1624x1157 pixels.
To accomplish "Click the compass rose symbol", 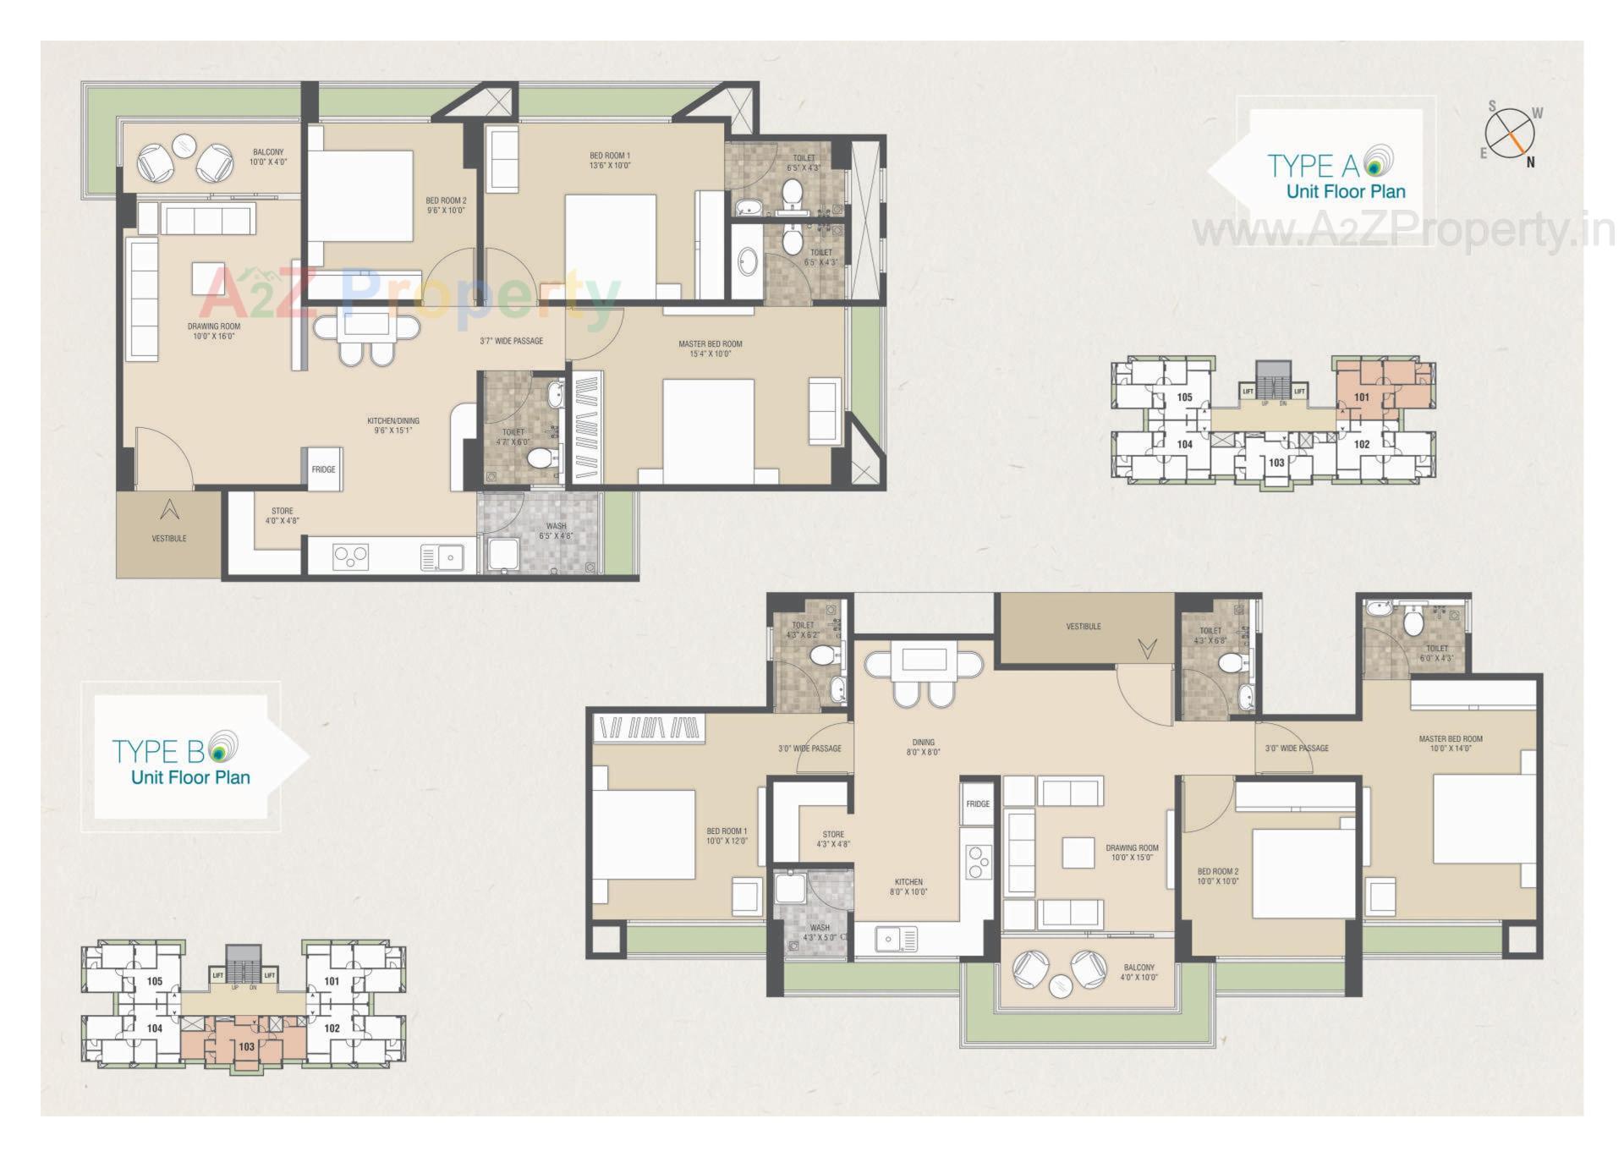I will click(x=1510, y=134).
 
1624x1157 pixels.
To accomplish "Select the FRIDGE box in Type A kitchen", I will click(x=323, y=469).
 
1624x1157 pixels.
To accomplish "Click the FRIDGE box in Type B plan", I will click(x=978, y=803).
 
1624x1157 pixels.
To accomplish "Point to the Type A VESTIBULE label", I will click(x=169, y=538).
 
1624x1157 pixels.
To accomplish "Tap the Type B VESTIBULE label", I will click(x=1084, y=627).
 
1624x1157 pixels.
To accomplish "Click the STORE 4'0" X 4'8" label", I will click(x=283, y=516).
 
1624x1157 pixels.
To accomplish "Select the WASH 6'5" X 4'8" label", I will click(x=556, y=530).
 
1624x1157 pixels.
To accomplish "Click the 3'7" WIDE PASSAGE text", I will click(x=511, y=341).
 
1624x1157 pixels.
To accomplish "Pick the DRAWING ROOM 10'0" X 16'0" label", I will click(x=214, y=331).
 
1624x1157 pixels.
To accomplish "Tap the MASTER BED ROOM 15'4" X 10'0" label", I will click(x=710, y=348).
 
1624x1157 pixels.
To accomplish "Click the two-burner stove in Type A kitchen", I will click(x=350, y=557).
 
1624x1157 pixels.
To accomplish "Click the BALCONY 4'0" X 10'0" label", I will click(x=1138, y=972).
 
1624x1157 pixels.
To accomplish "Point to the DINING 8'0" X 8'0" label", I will click(x=923, y=748).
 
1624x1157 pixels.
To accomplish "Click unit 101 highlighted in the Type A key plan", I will click(x=1362, y=397).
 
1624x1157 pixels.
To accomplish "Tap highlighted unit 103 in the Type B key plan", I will click(x=246, y=1046).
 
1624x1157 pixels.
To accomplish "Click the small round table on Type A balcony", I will click(x=184, y=145).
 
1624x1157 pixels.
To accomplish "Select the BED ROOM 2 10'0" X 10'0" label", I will click(x=1217, y=876).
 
